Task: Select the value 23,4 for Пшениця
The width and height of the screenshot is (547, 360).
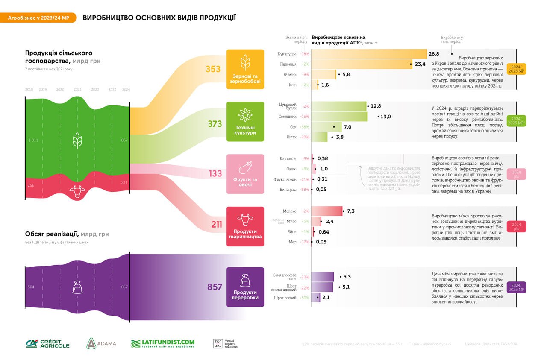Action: [419, 64]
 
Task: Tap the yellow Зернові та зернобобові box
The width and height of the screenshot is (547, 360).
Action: [245, 69]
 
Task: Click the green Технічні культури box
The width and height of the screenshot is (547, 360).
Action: [245, 122]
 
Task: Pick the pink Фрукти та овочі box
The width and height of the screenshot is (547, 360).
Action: [245, 174]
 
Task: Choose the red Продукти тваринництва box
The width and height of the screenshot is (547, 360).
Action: [245, 226]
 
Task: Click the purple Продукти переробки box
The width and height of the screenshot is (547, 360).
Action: [245, 287]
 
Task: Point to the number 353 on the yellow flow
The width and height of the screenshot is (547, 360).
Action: [213, 69]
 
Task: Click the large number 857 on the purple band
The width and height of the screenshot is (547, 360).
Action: [215, 287]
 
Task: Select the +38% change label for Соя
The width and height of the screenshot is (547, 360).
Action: [304, 127]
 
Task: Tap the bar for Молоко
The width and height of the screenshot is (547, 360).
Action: [327, 211]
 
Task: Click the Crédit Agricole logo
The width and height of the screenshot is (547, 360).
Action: [47, 343]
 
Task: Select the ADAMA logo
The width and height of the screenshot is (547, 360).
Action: [100, 343]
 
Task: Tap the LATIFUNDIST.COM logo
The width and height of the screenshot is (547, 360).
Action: [163, 343]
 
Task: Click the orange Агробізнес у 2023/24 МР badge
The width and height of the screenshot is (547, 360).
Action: [38, 18]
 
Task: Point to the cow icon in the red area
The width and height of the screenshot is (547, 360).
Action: [77, 191]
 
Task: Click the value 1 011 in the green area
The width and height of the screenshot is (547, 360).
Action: [33, 140]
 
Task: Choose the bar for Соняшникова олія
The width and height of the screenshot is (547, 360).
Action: [322, 277]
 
